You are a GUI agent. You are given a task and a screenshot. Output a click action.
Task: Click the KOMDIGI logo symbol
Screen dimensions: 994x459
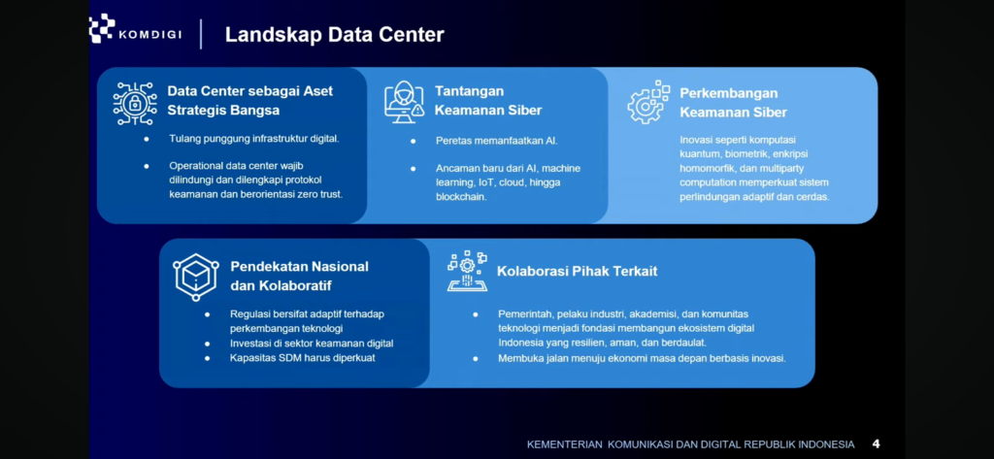102,28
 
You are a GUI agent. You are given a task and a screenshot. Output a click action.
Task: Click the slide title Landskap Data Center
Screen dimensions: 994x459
335,35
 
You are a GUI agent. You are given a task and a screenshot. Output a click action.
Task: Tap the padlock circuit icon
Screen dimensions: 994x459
135,103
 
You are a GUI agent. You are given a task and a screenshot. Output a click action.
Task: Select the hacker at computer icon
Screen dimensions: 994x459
404,102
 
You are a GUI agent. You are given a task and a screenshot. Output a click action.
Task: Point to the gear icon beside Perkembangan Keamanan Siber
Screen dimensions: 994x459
648,102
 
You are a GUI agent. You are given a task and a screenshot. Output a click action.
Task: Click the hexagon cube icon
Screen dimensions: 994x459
196,277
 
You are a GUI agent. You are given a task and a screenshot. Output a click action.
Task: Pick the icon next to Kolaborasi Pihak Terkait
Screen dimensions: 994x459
467,271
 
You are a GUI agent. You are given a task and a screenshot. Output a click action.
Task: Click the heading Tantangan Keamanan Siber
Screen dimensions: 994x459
488,101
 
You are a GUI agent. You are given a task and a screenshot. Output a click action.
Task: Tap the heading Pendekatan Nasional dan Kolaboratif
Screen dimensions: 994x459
299,276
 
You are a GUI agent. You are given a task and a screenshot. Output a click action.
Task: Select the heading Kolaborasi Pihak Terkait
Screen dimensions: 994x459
577,272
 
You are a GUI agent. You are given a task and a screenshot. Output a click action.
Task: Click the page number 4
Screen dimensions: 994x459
877,443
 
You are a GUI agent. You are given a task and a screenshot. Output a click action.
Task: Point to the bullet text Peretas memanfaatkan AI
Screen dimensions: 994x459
496,141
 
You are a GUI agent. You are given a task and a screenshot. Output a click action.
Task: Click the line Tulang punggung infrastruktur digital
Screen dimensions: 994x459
254,138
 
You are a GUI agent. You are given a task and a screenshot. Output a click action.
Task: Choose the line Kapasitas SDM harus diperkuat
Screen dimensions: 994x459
303,358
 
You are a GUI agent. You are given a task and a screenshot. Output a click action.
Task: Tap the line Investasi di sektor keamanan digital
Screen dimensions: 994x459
312,344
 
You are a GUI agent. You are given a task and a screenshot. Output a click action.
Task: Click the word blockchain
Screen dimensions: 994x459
461,197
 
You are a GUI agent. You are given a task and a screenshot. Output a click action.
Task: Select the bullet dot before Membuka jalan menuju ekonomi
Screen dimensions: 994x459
476,359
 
